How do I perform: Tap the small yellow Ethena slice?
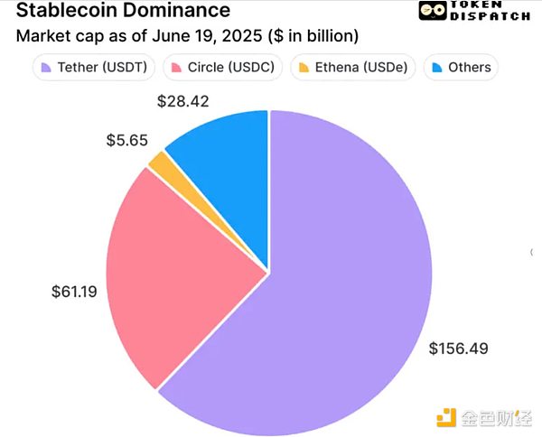(x=160, y=164)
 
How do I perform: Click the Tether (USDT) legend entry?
(x=95, y=68)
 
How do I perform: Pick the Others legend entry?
(x=460, y=68)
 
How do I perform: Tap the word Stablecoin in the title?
(x=62, y=12)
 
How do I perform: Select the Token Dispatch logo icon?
(x=431, y=11)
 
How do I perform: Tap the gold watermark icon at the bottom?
(x=446, y=417)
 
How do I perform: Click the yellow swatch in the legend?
(x=304, y=68)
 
